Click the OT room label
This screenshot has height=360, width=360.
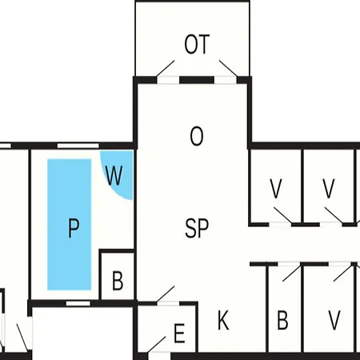click(197, 44)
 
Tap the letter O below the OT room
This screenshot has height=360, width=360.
click(197, 136)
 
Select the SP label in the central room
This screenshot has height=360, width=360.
click(197, 228)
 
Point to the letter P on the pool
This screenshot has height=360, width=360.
click(74, 228)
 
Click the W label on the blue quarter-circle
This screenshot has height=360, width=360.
click(114, 175)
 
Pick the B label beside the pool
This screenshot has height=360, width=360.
click(118, 281)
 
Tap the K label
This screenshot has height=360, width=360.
click(223, 320)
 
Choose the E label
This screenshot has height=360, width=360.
click(179, 333)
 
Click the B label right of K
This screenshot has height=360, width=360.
click(282, 320)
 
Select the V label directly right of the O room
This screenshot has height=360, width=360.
click(276, 189)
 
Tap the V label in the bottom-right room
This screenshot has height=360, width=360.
click(334, 320)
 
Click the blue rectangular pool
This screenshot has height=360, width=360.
click(70, 224)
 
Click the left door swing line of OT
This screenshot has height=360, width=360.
click(166, 68)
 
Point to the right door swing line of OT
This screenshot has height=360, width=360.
click(228, 68)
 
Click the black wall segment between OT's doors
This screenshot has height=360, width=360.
click(197, 80)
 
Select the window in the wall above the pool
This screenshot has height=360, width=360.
click(78, 146)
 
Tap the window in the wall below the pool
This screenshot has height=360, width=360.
click(78, 303)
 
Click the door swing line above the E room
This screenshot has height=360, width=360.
click(166, 294)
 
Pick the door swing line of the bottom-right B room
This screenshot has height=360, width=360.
click(291, 273)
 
